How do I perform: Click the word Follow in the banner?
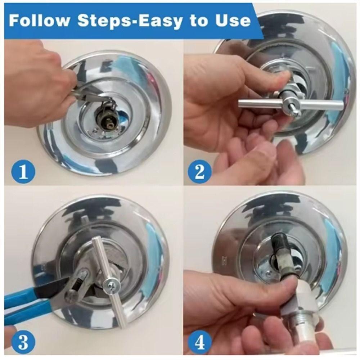click(x=39, y=21)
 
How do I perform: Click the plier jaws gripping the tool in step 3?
click(x=77, y=284)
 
